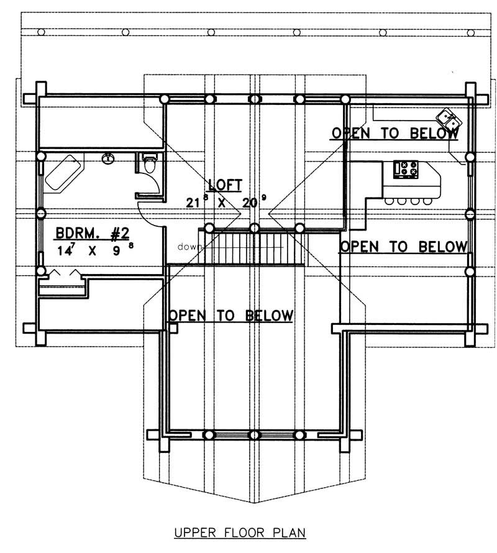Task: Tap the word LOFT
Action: pos(225,185)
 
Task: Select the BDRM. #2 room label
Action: pos(92,234)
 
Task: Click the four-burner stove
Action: pos(404,169)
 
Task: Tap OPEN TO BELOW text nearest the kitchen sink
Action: pos(395,133)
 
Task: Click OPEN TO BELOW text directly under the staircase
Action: pos(231,316)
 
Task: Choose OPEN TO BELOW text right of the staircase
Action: pos(403,247)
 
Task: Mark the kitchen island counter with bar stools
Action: pos(410,186)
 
